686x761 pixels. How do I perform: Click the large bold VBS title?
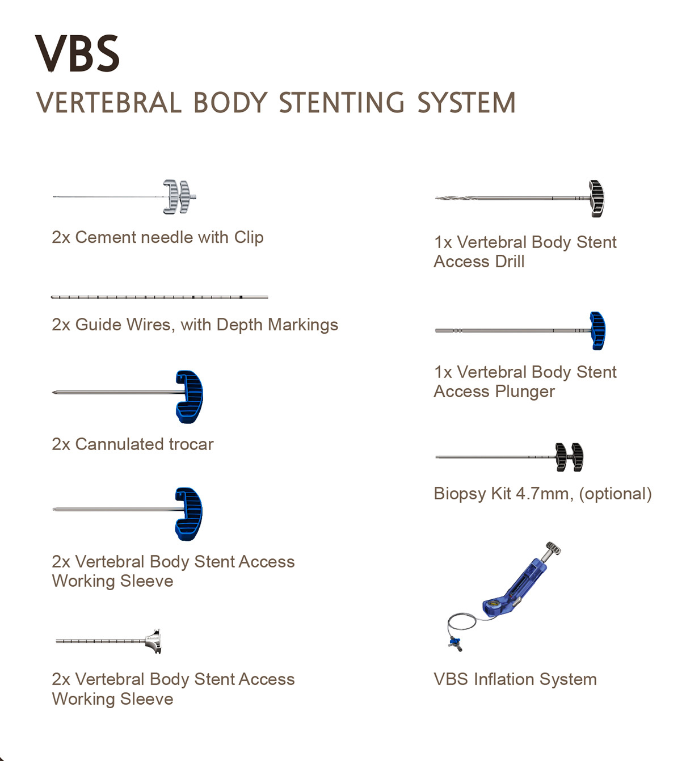point(77,53)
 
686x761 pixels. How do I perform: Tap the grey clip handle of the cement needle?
point(179,197)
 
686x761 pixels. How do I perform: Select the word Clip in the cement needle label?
point(249,238)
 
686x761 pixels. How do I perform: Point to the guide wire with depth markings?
point(159,297)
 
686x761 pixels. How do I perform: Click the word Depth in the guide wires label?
point(239,325)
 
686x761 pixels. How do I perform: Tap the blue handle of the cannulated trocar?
point(190,397)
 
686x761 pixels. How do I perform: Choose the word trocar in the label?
point(191,444)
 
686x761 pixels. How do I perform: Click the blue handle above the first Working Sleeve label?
point(188,514)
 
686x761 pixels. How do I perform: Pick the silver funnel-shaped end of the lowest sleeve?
point(154,641)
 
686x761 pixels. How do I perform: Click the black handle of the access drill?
point(596,199)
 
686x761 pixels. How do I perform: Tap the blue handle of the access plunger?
point(597,331)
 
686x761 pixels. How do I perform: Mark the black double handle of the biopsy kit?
point(569,457)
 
